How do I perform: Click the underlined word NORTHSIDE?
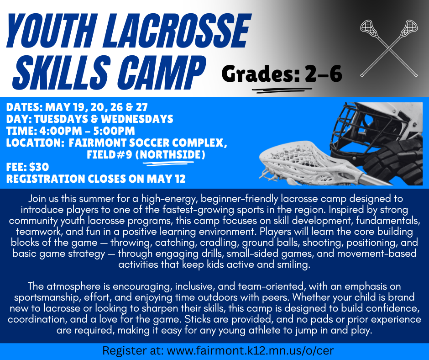pos(171,155)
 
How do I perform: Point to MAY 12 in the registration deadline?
pos(162,179)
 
